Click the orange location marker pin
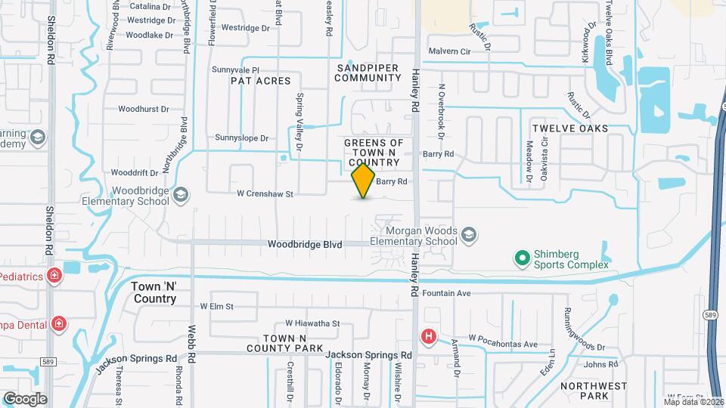point(364,181)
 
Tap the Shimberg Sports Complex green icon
point(522,259)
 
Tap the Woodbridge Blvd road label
point(306,245)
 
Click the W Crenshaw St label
point(265,194)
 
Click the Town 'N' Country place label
point(154,292)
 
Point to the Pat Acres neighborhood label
point(260,79)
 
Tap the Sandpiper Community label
point(368,73)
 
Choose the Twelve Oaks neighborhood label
point(569,128)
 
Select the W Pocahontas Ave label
point(502,345)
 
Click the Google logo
point(24,399)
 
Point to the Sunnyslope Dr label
point(242,138)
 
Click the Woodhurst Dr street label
point(144,110)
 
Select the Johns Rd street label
point(601,365)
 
